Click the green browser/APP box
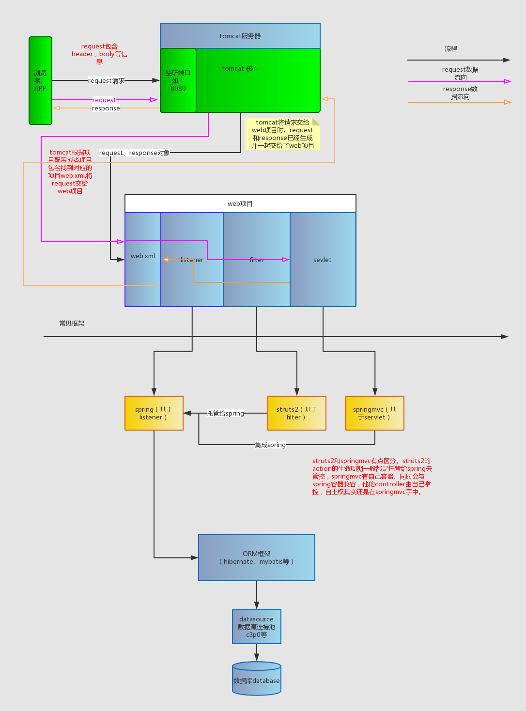point(40,80)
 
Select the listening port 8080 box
point(178,80)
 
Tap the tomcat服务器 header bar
point(240,36)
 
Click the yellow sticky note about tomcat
point(282,134)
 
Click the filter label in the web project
point(257,260)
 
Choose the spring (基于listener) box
point(154,413)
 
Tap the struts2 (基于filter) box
point(296,413)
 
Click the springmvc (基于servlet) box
point(374,413)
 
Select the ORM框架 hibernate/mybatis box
point(256,557)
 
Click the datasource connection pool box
point(256,627)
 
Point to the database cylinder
point(256,680)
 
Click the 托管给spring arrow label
point(225,413)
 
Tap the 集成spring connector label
point(270,445)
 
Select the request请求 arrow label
point(106,80)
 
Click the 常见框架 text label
point(72,323)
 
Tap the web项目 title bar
point(240,203)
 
